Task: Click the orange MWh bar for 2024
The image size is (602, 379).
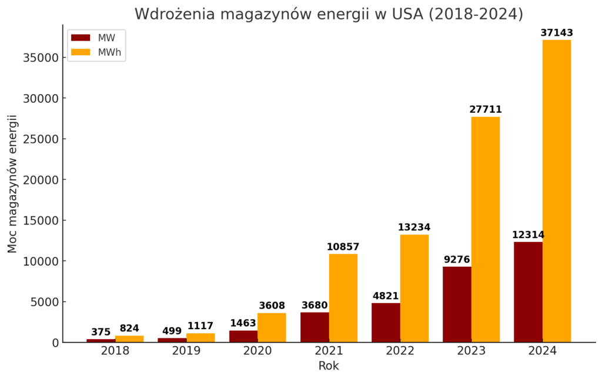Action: pyautogui.click(x=556, y=191)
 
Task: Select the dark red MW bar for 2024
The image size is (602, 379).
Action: pyautogui.click(x=528, y=292)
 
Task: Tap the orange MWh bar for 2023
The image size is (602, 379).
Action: pyautogui.click(x=485, y=229)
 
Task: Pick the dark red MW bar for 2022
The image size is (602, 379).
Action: pyautogui.click(x=386, y=323)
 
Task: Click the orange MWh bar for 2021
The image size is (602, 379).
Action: pyautogui.click(x=343, y=298)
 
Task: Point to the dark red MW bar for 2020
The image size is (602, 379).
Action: pyautogui.click(x=243, y=336)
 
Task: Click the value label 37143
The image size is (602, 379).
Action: pyautogui.click(x=556, y=33)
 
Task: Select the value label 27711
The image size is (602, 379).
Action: pyautogui.click(x=485, y=110)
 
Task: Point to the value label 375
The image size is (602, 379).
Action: pyautogui.click(x=101, y=332)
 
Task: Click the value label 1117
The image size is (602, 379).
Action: pyautogui.click(x=200, y=326)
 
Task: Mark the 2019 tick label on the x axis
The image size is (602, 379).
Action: pyautogui.click(x=186, y=351)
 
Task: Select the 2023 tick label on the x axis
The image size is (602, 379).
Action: pyautogui.click(x=471, y=351)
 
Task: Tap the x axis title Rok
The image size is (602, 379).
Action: pyautogui.click(x=329, y=366)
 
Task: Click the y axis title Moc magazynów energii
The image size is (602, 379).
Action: pyautogui.click(x=12, y=184)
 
